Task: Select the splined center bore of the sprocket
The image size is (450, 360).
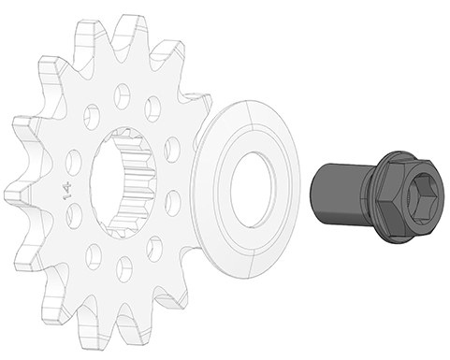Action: pos(130,180)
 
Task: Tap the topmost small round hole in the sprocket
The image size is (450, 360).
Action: pos(123,94)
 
